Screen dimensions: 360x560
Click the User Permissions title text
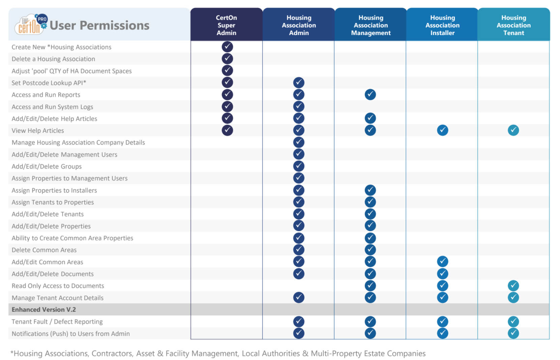[x=100, y=25]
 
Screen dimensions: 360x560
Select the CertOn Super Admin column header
[x=226, y=25]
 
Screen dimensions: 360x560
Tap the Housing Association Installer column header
[x=442, y=25]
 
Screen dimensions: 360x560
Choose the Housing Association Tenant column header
[x=513, y=25]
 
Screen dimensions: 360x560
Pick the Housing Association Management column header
[x=370, y=25]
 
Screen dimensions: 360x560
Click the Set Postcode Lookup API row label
[x=49, y=83]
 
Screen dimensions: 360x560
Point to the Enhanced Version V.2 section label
[x=44, y=309]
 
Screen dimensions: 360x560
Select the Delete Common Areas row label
[x=44, y=250]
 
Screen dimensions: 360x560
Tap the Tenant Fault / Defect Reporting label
[x=57, y=322]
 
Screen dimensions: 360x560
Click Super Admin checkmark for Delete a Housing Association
[x=227, y=59]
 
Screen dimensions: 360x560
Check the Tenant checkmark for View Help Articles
[x=513, y=130]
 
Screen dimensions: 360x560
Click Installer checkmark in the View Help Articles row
[x=442, y=130]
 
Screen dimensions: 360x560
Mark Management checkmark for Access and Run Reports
[x=370, y=94]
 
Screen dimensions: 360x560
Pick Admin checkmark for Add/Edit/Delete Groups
[x=299, y=166]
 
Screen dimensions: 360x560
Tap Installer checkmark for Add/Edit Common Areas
[x=442, y=261]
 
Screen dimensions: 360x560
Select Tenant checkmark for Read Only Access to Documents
[x=513, y=286]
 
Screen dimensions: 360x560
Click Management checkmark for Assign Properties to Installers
[x=370, y=190]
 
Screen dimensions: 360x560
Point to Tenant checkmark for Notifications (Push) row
[x=513, y=333]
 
